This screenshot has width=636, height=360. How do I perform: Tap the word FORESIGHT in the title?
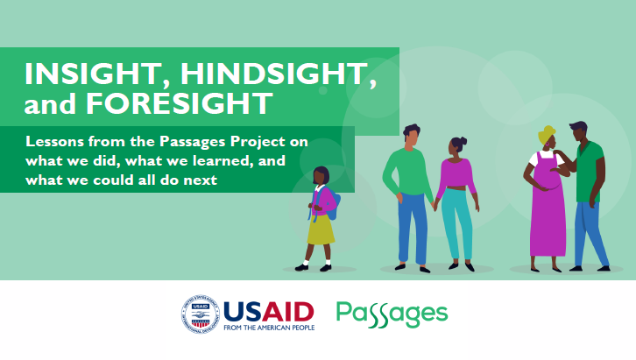click(180, 103)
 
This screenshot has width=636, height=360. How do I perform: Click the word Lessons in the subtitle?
click(55, 142)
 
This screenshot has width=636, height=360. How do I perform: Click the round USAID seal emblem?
click(201, 314)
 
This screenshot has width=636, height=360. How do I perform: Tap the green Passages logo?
click(392, 314)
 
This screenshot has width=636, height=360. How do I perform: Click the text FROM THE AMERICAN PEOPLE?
click(269, 328)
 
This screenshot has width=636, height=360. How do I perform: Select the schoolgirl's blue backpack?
click(333, 205)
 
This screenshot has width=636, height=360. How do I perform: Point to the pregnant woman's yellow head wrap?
click(546, 134)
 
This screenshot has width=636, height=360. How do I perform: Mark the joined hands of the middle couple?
click(435, 205)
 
